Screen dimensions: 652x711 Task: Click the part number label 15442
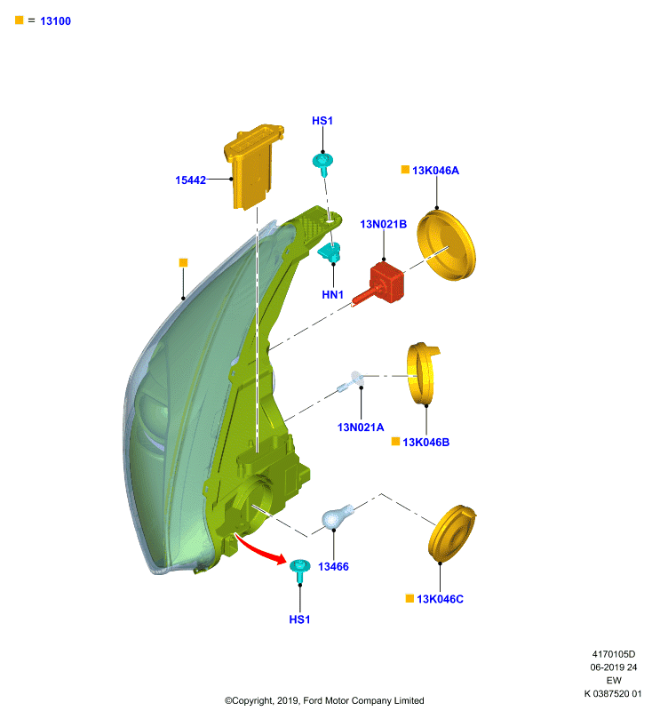[190, 180]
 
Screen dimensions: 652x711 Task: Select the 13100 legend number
[55, 20]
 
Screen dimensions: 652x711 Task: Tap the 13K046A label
[435, 170]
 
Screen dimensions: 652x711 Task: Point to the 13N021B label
[384, 224]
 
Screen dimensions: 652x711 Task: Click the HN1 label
[332, 295]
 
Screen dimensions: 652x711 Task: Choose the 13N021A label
[361, 427]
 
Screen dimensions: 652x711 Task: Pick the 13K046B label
[425, 442]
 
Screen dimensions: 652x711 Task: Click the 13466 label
[333, 566]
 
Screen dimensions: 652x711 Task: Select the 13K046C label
[440, 599]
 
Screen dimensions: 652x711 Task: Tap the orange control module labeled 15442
[253, 167]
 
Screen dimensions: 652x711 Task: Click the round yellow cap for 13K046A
[446, 245]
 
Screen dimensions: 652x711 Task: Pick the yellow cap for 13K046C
[451, 534]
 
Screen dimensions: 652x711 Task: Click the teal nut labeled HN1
[330, 252]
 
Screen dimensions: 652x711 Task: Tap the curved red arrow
[260, 549]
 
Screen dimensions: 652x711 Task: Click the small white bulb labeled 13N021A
[351, 382]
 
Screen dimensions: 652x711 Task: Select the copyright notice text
[324, 700]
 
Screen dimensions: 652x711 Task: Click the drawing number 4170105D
[614, 654]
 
